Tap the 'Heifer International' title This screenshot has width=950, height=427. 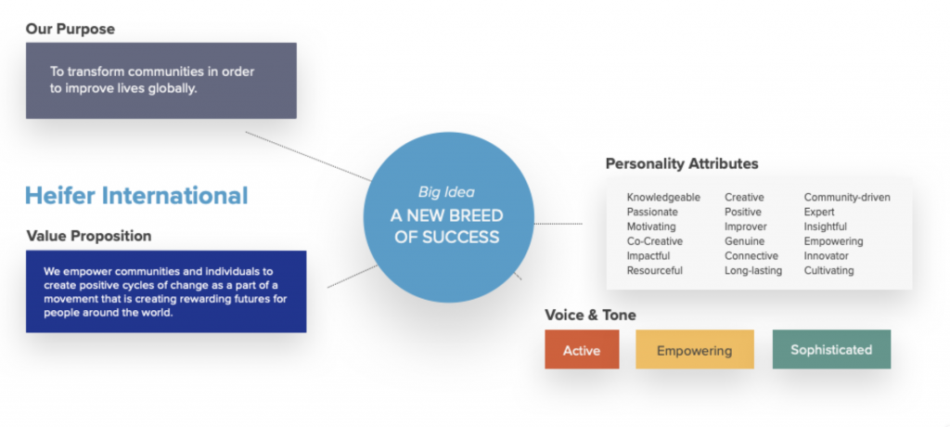point(136,196)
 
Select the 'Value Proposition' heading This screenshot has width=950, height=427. point(89,236)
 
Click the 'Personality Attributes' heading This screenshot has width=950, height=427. point(682,164)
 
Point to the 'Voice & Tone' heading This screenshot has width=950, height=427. point(590,315)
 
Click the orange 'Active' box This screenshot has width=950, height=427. point(582,350)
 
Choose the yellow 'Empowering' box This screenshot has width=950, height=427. point(694,350)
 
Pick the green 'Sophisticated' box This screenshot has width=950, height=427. point(831,350)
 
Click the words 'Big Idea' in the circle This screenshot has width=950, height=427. point(447,192)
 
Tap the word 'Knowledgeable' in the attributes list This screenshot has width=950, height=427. point(663,197)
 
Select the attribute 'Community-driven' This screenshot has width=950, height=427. point(847,197)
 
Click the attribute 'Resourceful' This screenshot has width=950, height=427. point(655,270)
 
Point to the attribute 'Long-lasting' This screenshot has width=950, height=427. point(753,270)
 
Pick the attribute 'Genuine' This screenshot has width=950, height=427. point(745,241)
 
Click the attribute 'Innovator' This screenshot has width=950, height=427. point(827,256)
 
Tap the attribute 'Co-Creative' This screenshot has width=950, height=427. point(656,241)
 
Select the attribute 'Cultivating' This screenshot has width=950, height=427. point(828,270)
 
